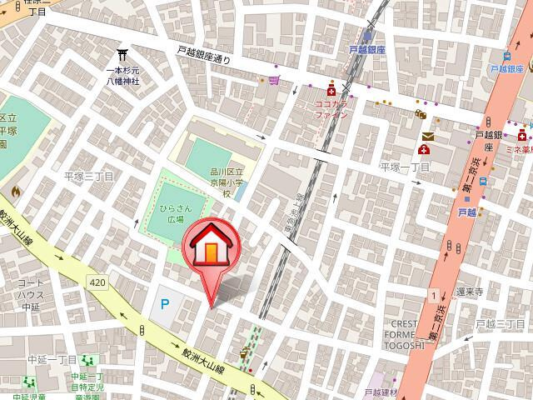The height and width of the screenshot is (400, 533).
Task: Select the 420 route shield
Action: click(x=97, y=282)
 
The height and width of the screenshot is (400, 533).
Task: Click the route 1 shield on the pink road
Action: click(x=434, y=295)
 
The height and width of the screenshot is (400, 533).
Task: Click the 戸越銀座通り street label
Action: click(x=203, y=54)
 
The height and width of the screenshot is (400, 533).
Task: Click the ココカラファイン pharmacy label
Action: click(x=331, y=111)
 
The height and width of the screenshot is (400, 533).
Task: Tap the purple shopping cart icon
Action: click(x=275, y=81)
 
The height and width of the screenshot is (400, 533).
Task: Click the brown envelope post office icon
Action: click(x=428, y=136)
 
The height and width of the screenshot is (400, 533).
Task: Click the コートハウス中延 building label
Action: click(x=31, y=293)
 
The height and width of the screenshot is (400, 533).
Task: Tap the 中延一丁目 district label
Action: click(x=52, y=360)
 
